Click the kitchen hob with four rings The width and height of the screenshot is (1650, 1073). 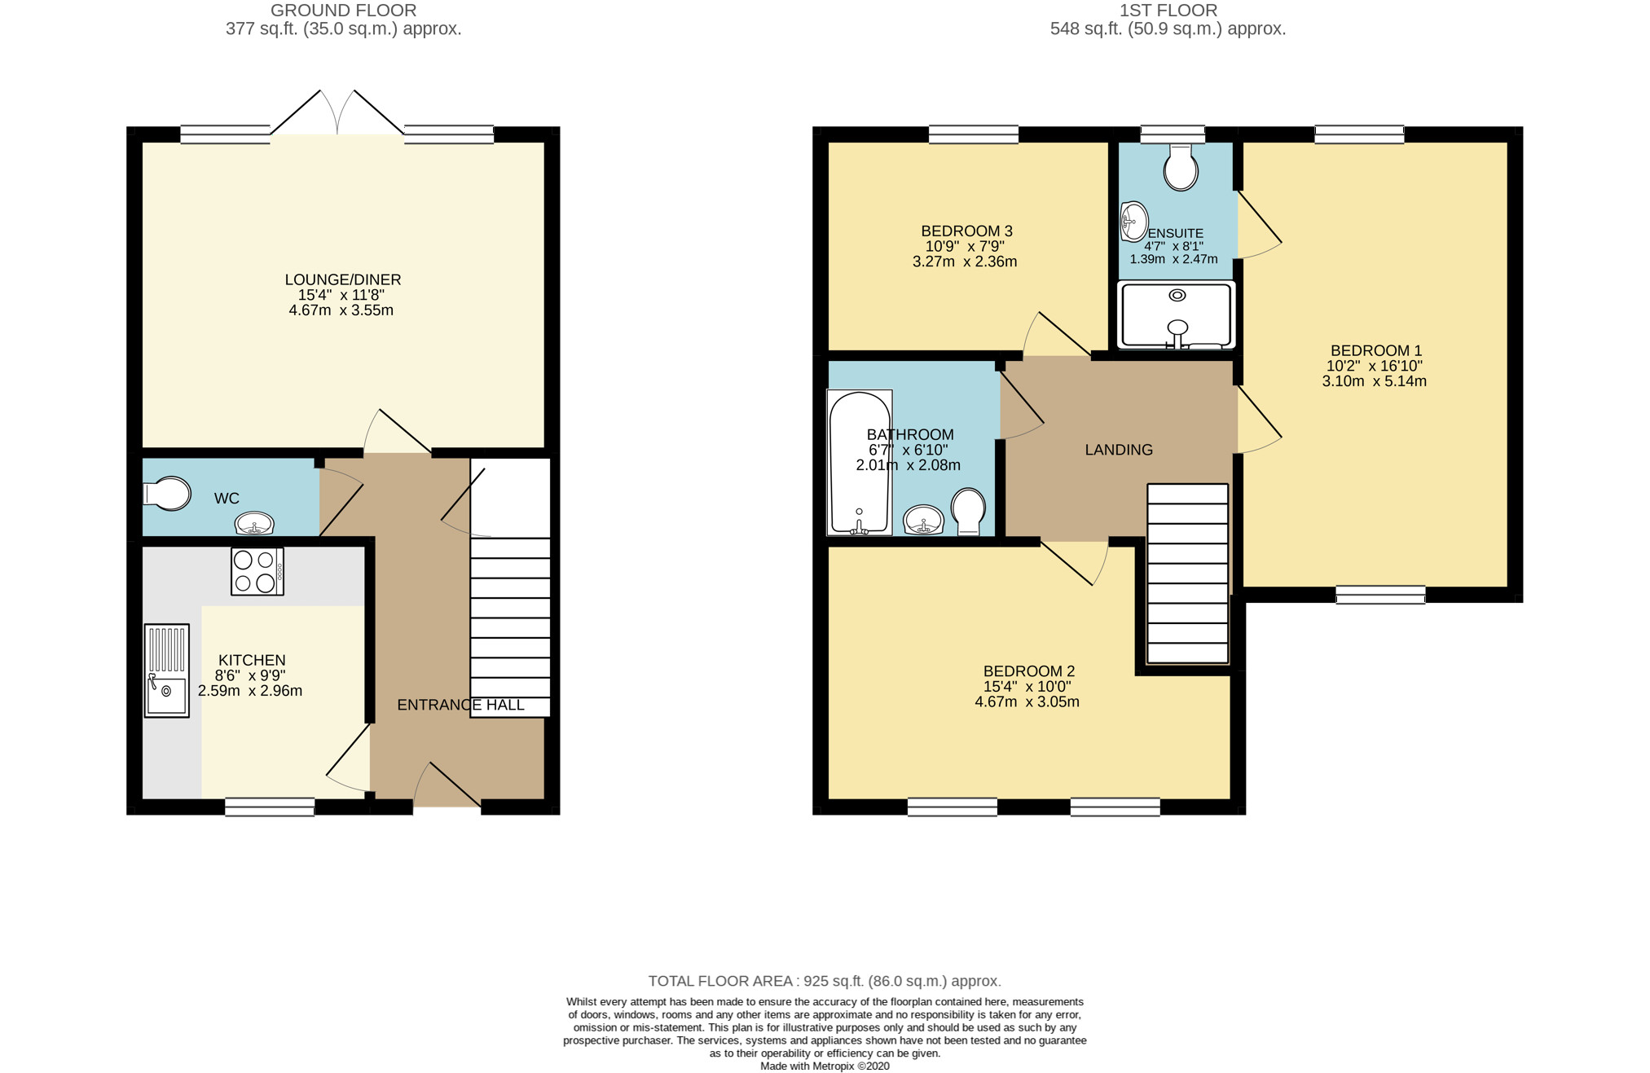click(x=257, y=571)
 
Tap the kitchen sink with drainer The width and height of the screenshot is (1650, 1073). click(x=167, y=671)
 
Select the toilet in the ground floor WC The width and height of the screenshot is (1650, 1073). click(x=167, y=494)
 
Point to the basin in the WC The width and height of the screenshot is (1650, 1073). click(x=255, y=523)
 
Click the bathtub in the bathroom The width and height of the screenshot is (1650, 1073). click(x=860, y=463)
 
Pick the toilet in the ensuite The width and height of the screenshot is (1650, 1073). click(x=1181, y=168)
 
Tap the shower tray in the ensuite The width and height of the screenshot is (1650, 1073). click(x=1177, y=314)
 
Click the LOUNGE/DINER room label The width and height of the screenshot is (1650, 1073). click(x=343, y=279)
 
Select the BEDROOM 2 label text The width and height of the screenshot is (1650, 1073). click(x=1029, y=671)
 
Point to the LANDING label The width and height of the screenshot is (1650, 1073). click(x=1119, y=450)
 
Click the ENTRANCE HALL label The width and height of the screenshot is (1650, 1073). click(x=460, y=705)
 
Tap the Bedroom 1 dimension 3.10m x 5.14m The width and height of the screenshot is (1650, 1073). click(x=1375, y=381)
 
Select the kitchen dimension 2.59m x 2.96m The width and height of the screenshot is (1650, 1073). click(x=250, y=691)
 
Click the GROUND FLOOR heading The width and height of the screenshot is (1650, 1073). click(x=343, y=11)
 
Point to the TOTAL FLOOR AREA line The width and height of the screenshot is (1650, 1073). click(x=825, y=981)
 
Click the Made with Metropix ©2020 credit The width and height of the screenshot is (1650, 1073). click(x=825, y=1066)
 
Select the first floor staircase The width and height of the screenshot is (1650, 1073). click(x=1188, y=574)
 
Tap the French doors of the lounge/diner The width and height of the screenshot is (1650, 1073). click(x=337, y=112)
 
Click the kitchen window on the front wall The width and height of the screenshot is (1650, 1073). click(x=270, y=807)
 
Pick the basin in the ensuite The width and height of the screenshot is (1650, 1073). click(x=1134, y=222)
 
